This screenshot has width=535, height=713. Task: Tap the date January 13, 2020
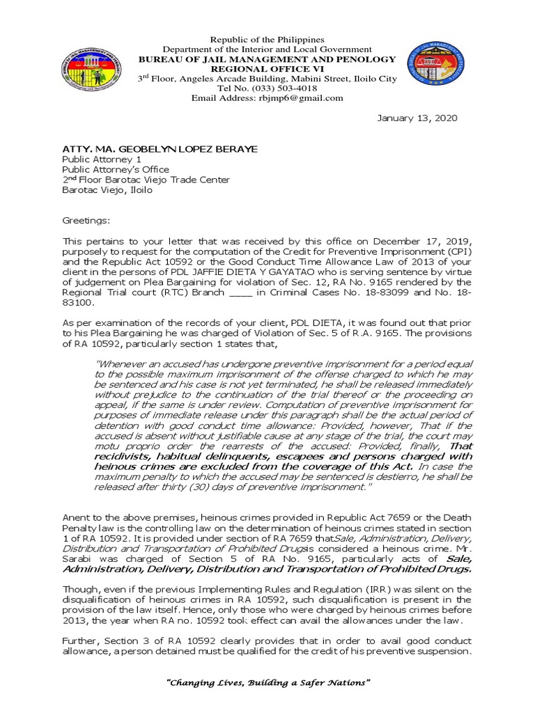[x=417, y=118]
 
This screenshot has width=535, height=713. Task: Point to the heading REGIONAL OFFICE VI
[x=267, y=69]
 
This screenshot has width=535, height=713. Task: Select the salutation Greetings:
[x=86, y=220]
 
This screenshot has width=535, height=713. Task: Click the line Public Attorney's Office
[x=116, y=169]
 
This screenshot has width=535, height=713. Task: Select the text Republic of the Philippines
[x=267, y=40]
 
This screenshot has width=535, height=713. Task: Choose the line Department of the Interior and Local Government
[x=267, y=49]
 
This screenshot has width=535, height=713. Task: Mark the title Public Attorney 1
[x=99, y=159]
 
